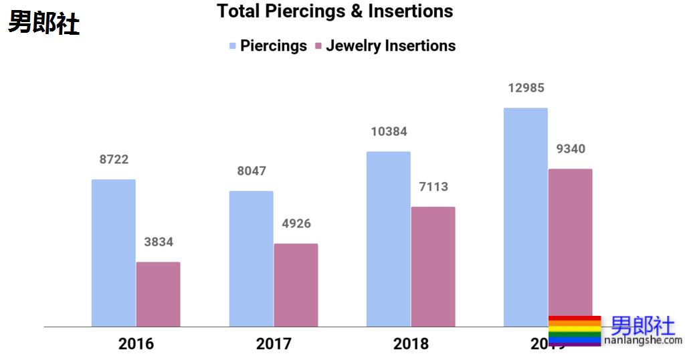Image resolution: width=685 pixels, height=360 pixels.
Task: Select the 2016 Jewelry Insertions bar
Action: (x=158, y=294)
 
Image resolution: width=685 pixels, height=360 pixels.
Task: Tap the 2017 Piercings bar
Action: (x=251, y=259)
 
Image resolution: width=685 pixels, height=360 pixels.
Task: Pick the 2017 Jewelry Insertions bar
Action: (x=296, y=285)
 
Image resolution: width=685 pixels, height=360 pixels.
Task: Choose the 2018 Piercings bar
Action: (x=389, y=239)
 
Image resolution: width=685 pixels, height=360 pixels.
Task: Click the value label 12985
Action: (x=526, y=88)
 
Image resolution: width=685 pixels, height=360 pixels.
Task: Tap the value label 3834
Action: (x=159, y=242)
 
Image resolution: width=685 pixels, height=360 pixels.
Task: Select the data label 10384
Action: (x=389, y=132)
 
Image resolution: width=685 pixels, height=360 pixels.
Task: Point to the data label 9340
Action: (x=571, y=149)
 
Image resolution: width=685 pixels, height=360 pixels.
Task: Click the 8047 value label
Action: (x=252, y=171)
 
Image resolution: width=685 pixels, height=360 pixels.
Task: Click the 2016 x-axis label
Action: (x=136, y=344)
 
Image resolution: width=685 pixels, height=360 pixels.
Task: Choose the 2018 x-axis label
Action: (x=411, y=344)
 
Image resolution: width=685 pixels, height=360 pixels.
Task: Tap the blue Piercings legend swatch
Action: (x=233, y=46)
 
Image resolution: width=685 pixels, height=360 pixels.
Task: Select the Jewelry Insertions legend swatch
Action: (x=318, y=46)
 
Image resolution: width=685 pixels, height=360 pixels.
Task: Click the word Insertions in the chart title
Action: (x=410, y=11)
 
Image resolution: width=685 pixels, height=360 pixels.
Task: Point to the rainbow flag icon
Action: (x=575, y=331)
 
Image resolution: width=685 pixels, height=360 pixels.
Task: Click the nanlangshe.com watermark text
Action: (x=643, y=341)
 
